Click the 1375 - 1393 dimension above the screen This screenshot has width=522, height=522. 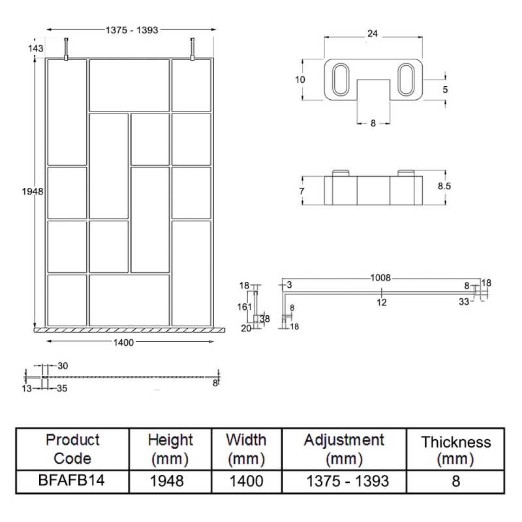[132, 29]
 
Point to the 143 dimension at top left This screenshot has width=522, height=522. [36, 49]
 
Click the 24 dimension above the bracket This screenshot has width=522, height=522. [373, 33]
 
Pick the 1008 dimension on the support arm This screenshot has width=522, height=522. [381, 278]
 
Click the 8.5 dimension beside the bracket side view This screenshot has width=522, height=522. [444, 186]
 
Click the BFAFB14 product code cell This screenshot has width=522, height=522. [72, 481]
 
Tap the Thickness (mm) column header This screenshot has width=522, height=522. [455, 450]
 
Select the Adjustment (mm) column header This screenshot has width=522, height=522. [343, 449]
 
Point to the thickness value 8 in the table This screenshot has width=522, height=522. [455, 481]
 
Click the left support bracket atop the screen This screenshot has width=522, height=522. [66, 50]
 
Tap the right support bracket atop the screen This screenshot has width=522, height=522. [192, 50]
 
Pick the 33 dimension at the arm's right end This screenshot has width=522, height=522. [464, 301]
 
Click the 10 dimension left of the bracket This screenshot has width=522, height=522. [300, 80]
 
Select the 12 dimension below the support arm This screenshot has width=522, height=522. [382, 301]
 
